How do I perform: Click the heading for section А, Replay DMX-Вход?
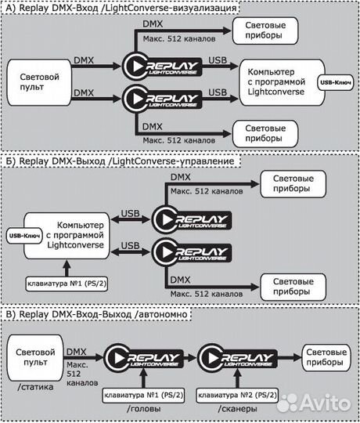121,8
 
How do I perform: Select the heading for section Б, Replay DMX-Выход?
120,161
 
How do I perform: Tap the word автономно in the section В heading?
164,314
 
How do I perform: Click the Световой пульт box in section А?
39,82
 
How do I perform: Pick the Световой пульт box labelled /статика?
35,357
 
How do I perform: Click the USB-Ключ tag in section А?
336,82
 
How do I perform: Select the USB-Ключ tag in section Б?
24,236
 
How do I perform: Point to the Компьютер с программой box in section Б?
67,236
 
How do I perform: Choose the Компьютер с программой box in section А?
282,82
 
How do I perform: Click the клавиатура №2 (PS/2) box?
237,396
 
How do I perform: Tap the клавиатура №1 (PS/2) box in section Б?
67,284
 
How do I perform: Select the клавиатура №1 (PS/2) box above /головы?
143,396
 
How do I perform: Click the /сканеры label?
237,409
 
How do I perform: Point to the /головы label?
144,409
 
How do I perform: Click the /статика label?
35,387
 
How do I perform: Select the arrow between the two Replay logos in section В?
190,358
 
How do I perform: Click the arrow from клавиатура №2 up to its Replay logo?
237,378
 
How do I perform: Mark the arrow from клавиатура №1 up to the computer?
67,268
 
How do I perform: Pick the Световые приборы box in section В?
326,357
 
